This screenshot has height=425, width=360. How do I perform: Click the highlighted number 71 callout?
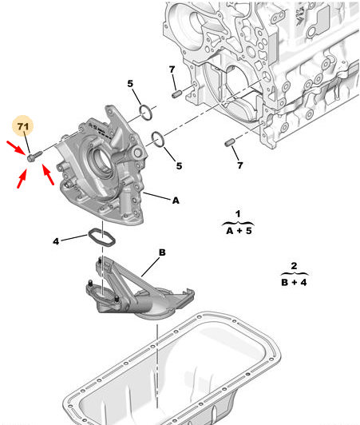click(x=23, y=126)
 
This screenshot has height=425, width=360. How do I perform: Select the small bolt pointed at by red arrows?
click(x=34, y=156)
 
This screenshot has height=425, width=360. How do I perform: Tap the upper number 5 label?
click(x=131, y=84)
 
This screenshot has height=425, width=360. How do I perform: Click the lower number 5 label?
click(x=179, y=166)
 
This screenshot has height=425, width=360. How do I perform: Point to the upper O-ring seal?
click(x=146, y=112)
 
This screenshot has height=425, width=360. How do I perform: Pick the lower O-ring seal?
click(x=158, y=139)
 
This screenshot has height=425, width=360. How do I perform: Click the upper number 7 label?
click(x=172, y=70)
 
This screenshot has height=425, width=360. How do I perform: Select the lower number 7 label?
click(x=240, y=165)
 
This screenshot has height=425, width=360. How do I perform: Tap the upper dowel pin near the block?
click(x=176, y=94)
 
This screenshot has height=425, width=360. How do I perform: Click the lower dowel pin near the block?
click(x=230, y=142)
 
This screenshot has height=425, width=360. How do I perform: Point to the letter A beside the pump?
click(x=176, y=201)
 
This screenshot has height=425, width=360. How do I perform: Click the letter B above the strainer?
click(x=162, y=252)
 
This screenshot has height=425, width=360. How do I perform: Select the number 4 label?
click(x=56, y=241)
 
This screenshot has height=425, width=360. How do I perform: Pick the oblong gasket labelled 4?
click(x=102, y=238)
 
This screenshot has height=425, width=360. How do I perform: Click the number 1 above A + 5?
click(x=238, y=214)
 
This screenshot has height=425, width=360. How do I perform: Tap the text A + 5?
click(x=239, y=231)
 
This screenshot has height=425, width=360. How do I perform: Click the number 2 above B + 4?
click(x=294, y=265)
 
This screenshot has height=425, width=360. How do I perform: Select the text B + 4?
click(x=295, y=282)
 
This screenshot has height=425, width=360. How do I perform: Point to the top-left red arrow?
click(x=17, y=148)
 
